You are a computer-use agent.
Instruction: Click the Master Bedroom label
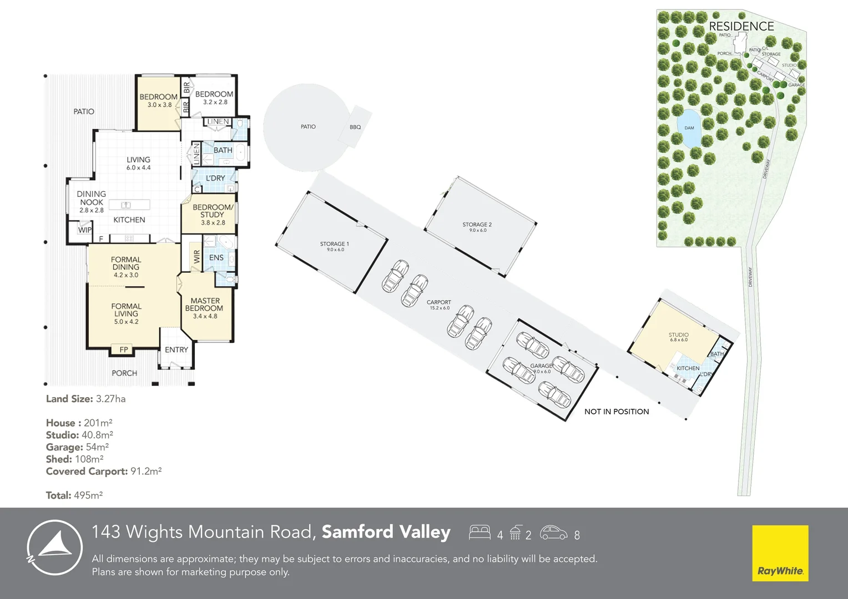(x=204, y=304)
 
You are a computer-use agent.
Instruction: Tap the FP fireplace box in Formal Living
(x=124, y=349)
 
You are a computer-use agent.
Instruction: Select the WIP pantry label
(x=84, y=230)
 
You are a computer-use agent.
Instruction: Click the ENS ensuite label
(x=216, y=258)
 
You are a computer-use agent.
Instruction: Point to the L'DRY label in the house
(x=215, y=178)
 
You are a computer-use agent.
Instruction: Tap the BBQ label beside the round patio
(x=355, y=127)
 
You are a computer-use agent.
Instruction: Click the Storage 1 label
(x=335, y=244)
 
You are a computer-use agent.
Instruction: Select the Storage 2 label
(x=477, y=225)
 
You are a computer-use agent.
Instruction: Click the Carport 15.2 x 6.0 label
(x=439, y=303)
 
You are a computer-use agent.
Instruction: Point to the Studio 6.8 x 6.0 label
(x=678, y=335)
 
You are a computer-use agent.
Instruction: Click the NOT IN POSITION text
(x=617, y=412)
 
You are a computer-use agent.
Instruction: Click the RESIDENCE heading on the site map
(x=741, y=26)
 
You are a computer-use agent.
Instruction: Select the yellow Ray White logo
(x=780, y=553)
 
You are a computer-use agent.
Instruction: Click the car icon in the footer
(x=553, y=533)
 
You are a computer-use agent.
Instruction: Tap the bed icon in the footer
(x=479, y=532)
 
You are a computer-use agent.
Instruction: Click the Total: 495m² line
(x=74, y=495)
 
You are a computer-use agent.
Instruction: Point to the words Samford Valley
(x=386, y=532)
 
